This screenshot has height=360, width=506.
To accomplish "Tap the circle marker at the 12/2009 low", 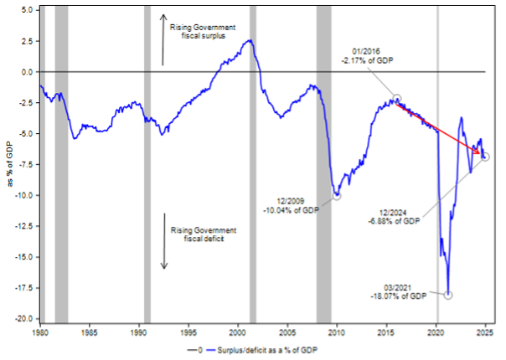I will (x=337, y=195).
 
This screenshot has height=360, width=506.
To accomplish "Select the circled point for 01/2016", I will (x=398, y=99).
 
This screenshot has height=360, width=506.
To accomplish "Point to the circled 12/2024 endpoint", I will (x=485, y=157).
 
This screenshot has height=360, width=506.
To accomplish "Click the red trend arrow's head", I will (x=480, y=154).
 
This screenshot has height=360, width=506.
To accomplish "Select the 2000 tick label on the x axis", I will (x=238, y=333).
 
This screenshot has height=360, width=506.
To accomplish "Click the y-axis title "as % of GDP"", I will (x=8, y=163).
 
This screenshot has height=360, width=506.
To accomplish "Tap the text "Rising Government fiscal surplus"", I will (x=204, y=31).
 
